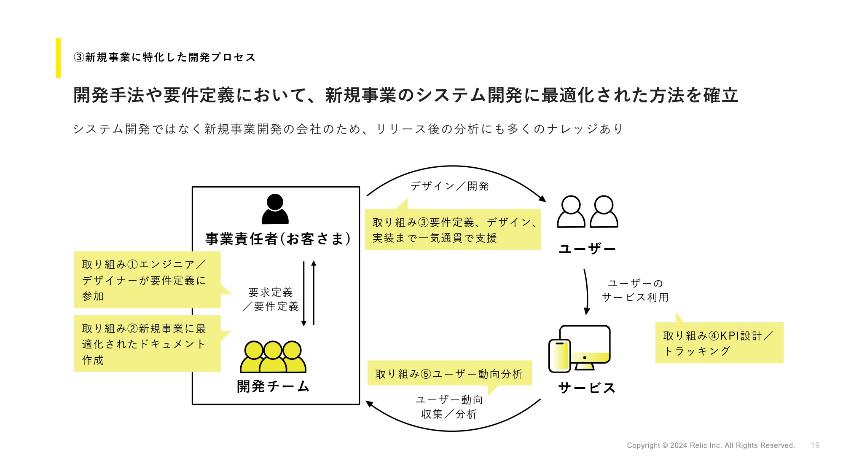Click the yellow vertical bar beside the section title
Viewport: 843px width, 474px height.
[58, 58]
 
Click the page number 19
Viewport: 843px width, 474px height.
[815, 445]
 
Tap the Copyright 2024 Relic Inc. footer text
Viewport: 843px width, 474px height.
[711, 445]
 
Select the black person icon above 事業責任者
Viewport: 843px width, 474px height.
[275, 209]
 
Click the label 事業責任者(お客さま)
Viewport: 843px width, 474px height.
[278, 239]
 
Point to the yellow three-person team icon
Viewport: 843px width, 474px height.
[273, 357]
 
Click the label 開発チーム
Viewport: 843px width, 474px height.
[273, 386]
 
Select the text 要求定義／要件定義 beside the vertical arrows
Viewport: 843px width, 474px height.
[271, 299]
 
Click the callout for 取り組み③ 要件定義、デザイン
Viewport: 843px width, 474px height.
[452, 230]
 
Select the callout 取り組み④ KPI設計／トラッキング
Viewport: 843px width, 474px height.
[719, 343]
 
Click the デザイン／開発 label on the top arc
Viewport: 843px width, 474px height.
[449, 186]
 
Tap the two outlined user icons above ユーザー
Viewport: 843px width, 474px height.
[587, 212]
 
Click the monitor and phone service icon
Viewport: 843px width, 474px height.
[580, 349]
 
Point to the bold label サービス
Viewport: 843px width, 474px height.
[586, 388]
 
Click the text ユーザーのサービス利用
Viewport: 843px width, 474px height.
[635, 290]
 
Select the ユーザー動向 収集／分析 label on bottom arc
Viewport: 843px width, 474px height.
[449, 407]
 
